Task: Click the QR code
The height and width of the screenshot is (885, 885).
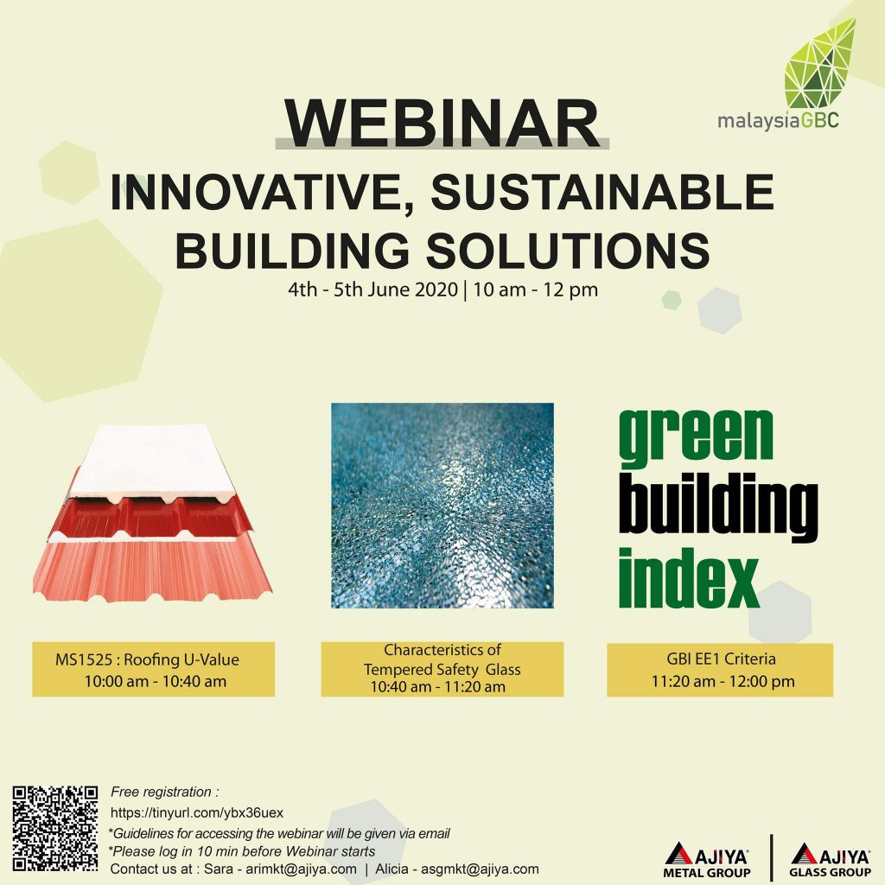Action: [55, 827]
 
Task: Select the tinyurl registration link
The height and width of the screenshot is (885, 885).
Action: [197, 813]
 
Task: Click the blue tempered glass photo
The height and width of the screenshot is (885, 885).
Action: [442, 506]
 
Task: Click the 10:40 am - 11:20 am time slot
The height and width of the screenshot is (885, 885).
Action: [442, 687]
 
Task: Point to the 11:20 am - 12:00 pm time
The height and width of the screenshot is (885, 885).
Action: [723, 682]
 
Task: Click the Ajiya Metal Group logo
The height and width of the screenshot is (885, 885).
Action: [707, 860]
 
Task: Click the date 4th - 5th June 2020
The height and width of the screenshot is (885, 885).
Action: [373, 290]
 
